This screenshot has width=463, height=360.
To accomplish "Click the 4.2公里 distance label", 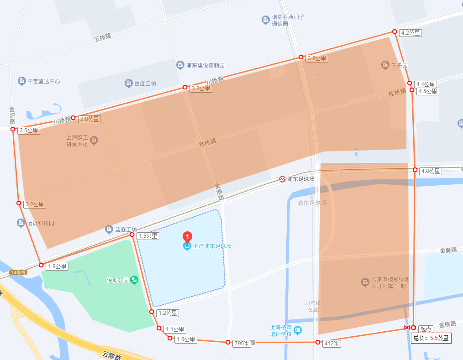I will pos(410,33).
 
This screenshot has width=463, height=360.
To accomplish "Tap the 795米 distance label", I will pos(242,344).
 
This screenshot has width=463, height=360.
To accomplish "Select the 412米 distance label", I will pos(331,344).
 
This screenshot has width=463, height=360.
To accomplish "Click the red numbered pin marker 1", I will pos(187,237).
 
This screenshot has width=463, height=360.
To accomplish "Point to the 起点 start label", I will pos(426,329).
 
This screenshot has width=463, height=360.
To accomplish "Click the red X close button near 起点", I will pos(406,328).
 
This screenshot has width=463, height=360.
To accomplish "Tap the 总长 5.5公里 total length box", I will pos(431,338).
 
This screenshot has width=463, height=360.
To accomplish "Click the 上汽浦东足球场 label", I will pos(212,246).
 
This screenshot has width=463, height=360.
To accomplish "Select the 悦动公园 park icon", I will pos(134,280).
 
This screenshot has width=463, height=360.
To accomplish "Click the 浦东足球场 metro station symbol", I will pos(283,179).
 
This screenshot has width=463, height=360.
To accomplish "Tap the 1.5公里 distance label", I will pos(147,236).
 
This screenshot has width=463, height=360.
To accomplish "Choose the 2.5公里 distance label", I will pos(29,130).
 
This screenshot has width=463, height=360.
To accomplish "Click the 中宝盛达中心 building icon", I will pos(21,81).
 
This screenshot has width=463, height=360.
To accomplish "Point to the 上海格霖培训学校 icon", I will pos(298,329).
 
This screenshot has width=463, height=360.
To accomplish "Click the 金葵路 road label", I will pos(448,250).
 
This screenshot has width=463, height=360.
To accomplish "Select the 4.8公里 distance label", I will pos(430,171).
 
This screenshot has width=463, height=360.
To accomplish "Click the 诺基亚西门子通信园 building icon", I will pos(265,20).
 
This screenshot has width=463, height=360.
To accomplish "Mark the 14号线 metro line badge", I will pos(19,272).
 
